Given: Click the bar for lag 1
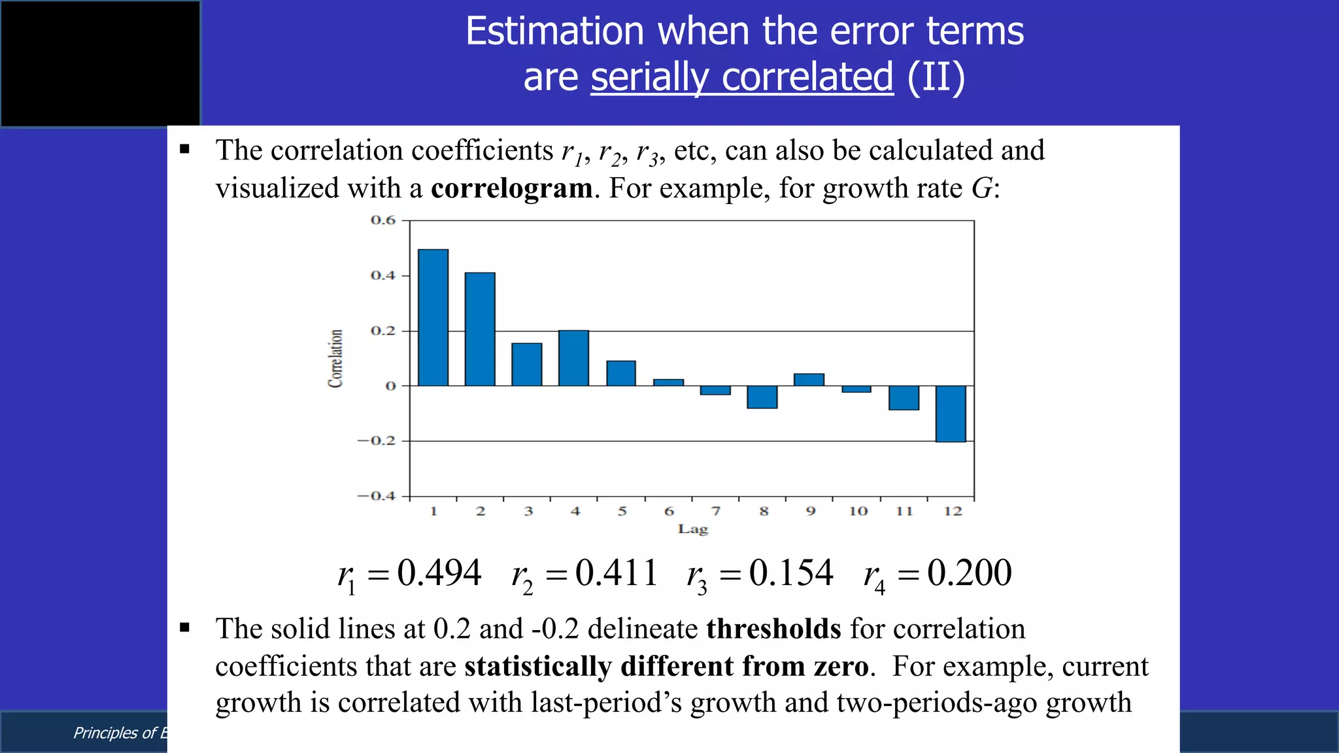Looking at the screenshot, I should click(433, 318).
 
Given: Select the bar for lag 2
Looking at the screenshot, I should click(480, 329).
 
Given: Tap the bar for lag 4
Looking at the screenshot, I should click(573, 358).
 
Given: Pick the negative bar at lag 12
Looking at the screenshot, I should click(950, 414).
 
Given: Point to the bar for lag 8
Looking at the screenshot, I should click(762, 397).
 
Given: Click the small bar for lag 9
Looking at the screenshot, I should click(809, 380).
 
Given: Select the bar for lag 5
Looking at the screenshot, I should click(621, 373).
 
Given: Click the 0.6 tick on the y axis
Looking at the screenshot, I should click(383, 220).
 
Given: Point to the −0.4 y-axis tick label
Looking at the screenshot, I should click(377, 496).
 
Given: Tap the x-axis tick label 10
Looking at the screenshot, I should click(858, 511).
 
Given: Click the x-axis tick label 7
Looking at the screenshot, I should click(716, 511).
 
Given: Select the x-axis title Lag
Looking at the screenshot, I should click(693, 529).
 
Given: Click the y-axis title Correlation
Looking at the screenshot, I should click(335, 358).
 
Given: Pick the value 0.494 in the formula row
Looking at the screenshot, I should click(439, 573).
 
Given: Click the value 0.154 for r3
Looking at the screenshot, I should click(791, 573).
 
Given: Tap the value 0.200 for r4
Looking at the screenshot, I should click(970, 573).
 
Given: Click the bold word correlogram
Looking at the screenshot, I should click(512, 188).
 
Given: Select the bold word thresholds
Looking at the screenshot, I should click(774, 629).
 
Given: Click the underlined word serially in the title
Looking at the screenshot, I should click(650, 77).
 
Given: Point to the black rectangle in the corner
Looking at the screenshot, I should click(100, 63).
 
